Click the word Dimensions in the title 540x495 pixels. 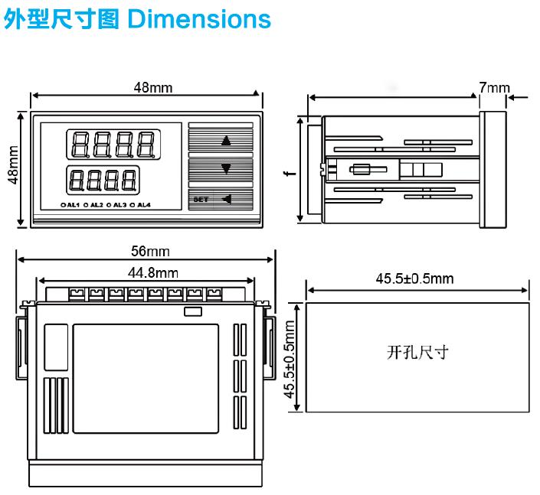coord(199,19)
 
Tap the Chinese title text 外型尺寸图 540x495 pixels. coord(62,19)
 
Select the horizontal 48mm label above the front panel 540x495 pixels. coord(153,87)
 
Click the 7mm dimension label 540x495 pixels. coord(494,88)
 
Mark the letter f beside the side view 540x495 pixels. coord(287,174)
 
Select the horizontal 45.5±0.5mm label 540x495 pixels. coord(414,278)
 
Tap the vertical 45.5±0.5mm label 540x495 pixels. coord(290,358)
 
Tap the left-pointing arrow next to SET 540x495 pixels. coord(226,200)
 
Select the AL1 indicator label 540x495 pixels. coord(72,205)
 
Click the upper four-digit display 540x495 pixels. coord(113,142)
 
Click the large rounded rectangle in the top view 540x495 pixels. coord(146,376)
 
